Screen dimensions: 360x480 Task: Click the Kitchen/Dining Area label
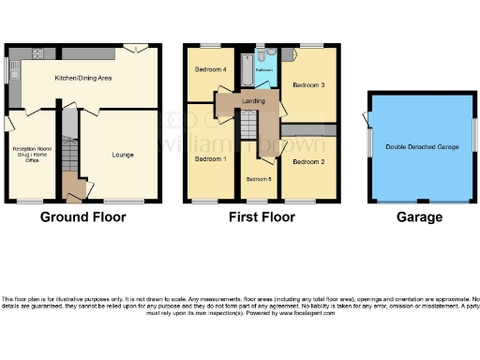[83, 78]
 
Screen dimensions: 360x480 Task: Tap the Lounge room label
[123, 154]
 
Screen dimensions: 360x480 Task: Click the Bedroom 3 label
[308, 85]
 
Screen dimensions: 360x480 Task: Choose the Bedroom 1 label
[210, 159]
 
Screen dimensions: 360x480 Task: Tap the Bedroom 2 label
[308, 162]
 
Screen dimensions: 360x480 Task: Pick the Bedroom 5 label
[259, 178]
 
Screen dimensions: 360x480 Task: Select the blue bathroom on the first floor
[264, 69]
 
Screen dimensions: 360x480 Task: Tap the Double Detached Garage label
[421, 147]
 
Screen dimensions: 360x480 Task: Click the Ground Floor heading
[82, 217]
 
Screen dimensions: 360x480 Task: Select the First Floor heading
[262, 217]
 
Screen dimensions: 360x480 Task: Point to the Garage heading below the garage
[419, 217]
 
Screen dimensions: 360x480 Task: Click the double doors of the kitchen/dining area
[135, 47]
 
